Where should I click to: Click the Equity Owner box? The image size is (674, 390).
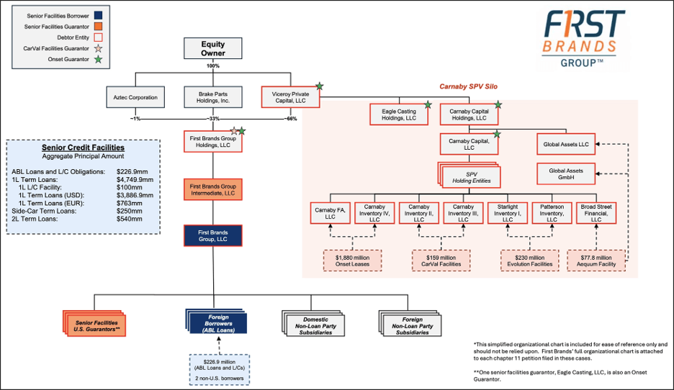pos(213,49)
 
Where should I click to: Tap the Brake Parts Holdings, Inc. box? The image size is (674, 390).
pos(213,96)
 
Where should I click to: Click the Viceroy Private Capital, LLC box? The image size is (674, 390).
pos(290,96)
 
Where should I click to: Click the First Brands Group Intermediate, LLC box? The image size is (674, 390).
pos(213,190)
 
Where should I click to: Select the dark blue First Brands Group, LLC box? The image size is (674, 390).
pos(213,235)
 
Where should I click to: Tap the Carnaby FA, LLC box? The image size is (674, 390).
pos(331,213)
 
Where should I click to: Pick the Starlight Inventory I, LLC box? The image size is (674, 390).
pos(508,213)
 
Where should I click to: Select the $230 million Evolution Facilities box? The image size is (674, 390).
pos(530,260)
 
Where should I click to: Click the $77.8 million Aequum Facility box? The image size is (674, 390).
pos(597,260)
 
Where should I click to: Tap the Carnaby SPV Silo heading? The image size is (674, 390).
pos(470,86)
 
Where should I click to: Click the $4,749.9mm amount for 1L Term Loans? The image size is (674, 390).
pos(134,179)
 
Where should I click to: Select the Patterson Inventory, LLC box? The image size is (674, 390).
pos(552,213)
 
